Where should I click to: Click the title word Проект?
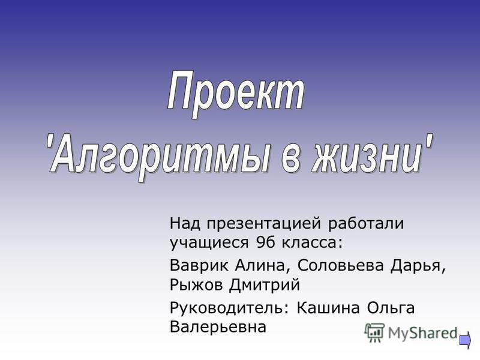click(x=236, y=94)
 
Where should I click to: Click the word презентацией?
click(x=264, y=224)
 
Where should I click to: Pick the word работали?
click(x=366, y=223)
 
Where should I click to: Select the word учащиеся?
click(x=209, y=244)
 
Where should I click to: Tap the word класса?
click(x=311, y=243)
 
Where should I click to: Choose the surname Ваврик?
click(x=199, y=265)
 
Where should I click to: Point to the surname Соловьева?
click(x=340, y=265)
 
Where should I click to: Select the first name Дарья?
click(x=418, y=266)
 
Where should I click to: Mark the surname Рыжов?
click(x=196, y=285)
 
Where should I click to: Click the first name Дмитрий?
click(x=265, y=284)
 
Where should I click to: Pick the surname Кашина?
click(x=328, y=308)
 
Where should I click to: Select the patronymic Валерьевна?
click(x=218, y=326)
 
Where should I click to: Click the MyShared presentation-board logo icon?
click(x=374, y=332)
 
